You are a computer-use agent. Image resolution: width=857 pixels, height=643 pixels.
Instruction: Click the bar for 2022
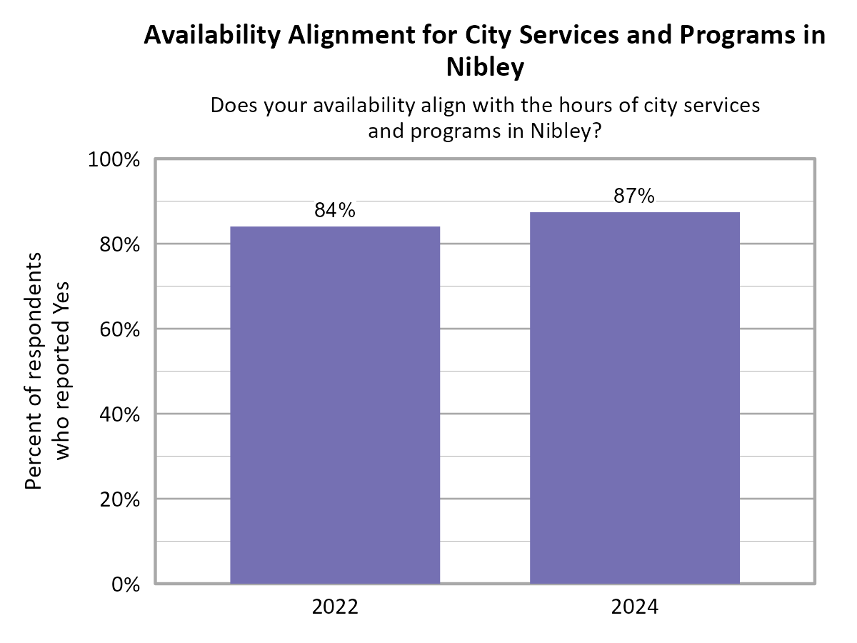(x=334, y=404)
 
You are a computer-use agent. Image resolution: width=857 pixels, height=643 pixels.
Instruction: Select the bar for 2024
(x=634, y=397)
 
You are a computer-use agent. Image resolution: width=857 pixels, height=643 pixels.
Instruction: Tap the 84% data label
(x=334, y=211)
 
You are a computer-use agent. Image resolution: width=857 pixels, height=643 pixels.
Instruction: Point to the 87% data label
(x=634, y=196)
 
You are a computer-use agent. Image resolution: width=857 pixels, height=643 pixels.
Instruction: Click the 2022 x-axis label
(x=334, y=608)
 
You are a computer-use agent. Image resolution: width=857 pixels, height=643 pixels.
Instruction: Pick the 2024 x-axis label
(x=634, y=608)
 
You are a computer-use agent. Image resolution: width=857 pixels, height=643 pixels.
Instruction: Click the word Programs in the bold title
(x=728, y=36)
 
